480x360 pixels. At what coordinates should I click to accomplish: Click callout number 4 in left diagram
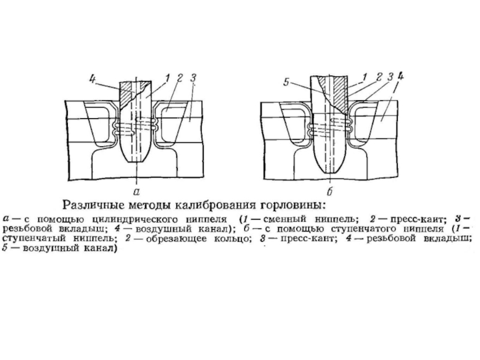click(92, 77)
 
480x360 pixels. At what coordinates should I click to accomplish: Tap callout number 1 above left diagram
click(167, 77)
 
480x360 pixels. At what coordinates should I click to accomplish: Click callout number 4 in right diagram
click(401, 76)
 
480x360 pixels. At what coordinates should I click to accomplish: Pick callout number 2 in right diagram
click(378, 77)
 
